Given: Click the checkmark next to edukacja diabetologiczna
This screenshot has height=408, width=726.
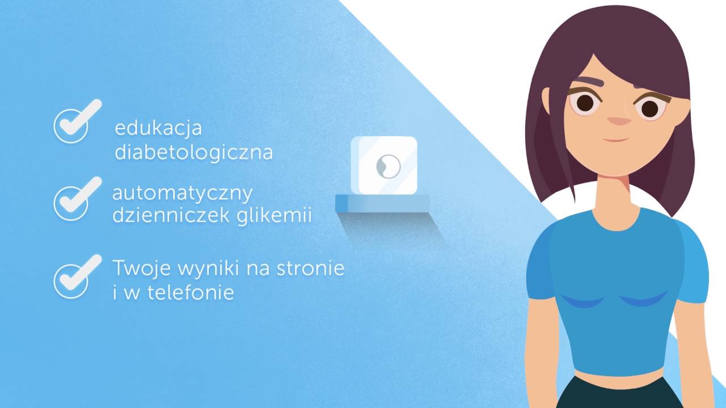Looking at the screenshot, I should [73, 124].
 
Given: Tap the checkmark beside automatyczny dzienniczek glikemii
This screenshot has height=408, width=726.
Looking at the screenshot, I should [73, 199].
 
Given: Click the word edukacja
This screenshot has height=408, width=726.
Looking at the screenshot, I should [158, 128].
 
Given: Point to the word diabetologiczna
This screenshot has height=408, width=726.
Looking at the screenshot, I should [193, 153].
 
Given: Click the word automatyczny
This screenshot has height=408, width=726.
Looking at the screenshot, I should [182, 194].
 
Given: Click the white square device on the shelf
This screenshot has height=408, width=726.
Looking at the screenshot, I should [384, 164].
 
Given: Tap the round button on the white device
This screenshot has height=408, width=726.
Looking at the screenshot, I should [389, 165].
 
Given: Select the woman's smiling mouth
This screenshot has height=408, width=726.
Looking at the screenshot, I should [616, 139].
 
